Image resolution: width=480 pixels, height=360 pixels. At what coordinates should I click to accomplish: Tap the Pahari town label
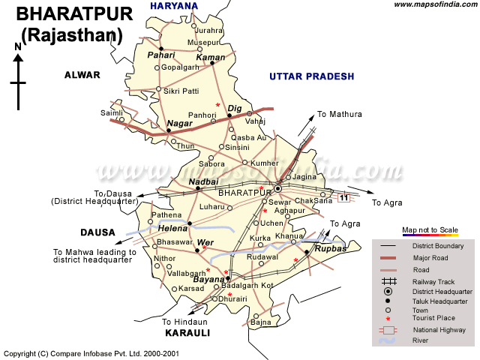[160, 55]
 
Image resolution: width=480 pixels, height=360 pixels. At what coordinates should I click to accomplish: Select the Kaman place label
[210, 57]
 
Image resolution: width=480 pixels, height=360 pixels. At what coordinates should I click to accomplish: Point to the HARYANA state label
[174, 6]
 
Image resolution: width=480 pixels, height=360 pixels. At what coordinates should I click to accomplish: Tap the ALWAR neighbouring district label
[82, 75]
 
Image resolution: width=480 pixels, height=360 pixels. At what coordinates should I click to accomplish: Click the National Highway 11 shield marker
[343, 197]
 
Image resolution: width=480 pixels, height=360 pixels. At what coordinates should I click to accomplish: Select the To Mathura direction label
[339, 114]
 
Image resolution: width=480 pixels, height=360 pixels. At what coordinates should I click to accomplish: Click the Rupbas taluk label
[330, 248]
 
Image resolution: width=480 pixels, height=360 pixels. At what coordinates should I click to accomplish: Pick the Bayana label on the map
[208, 279]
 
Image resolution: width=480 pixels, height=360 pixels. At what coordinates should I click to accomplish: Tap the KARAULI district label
[187, 332]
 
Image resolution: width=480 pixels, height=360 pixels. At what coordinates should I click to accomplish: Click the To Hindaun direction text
[186, 322]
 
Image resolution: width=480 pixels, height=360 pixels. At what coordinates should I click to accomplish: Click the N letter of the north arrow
[18, 47]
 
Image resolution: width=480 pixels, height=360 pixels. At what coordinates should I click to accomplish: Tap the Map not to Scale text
[430, 229]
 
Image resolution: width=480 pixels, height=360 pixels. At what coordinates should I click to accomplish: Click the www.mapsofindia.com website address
[433, 5]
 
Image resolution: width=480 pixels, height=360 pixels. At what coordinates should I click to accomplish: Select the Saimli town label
[111, 112]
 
